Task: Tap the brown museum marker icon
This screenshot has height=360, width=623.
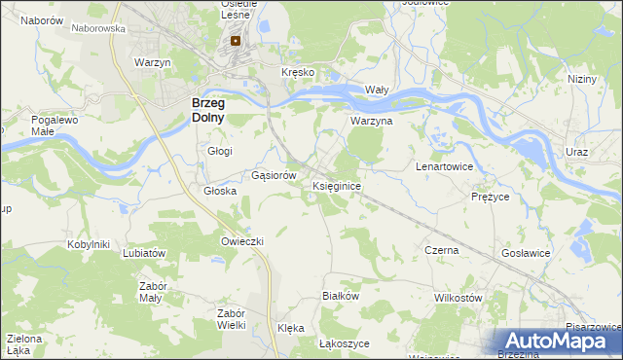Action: point(236,42)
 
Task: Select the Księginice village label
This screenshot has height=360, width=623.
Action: point(337,185)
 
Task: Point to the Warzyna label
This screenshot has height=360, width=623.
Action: point(371,122)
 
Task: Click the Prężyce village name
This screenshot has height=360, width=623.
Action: point(491,196)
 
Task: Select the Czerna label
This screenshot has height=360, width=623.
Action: point(442,250)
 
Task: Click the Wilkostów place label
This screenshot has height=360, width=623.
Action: point(458,297)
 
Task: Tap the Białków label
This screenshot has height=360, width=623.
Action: point(342,295)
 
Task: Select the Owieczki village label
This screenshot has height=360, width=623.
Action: point(243,240)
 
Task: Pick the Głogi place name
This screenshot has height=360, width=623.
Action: point(220,151)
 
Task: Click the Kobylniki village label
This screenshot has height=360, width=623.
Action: point(88,244)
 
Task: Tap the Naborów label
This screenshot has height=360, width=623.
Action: point(42,20)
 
